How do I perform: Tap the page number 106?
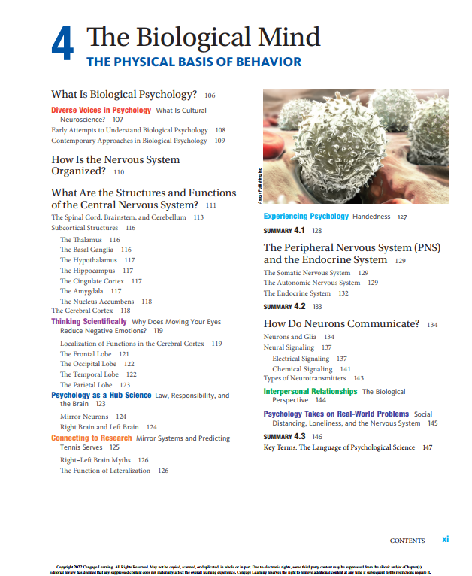click(210, 95)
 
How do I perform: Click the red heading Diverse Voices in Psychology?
click(101, 110)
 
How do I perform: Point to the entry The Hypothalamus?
click(86, 260)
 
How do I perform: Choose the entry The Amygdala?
click(81, 291)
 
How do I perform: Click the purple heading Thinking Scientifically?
click(89, 321)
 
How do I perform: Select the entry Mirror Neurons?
click(84, 416)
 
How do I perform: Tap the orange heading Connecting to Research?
click(91, 438)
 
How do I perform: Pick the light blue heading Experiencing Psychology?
click(305, 216)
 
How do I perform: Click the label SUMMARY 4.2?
click(284, 306)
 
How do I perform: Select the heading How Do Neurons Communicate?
click(341, 324)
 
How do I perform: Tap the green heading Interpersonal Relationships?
click(310, 391)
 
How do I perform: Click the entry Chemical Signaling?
click(302, 369)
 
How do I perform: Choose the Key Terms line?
click(338, 447)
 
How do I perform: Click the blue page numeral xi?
click(446, 539)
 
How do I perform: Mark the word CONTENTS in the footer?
click(407, 541)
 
